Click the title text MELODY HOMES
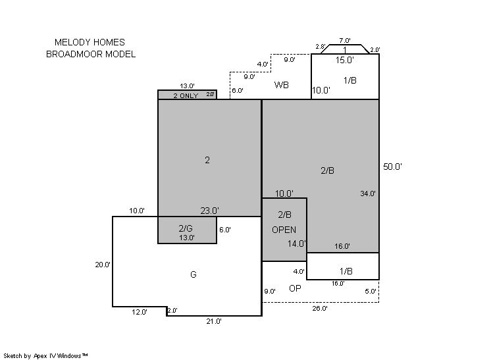90,42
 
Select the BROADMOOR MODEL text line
91,54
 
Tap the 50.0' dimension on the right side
392,167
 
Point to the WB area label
281,85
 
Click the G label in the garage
194,274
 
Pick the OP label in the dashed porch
295,288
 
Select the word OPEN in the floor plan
284,230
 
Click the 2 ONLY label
186,96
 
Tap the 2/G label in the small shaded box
186,228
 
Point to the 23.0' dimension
209,211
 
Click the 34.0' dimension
368,193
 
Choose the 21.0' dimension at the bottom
214,321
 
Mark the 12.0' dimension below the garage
140,312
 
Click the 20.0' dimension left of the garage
103,265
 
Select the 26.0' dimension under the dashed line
320,309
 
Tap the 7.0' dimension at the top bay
344,40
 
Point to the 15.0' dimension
345,60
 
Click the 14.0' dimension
297,244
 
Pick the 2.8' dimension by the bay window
321,47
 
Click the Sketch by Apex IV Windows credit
45,356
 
